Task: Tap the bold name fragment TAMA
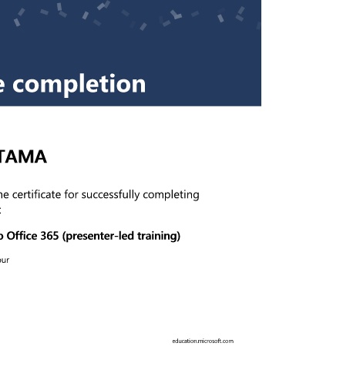point(22,156)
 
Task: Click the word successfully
point(111,195)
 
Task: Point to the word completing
point(171,195)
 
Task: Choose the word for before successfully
point(72,194)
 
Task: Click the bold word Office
point(22,236)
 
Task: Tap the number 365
point(49,236)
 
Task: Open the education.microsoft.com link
point(203,341)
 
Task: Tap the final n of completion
point(139,85)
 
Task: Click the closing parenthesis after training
point(178,237)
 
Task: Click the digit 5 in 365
point(56,236)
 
